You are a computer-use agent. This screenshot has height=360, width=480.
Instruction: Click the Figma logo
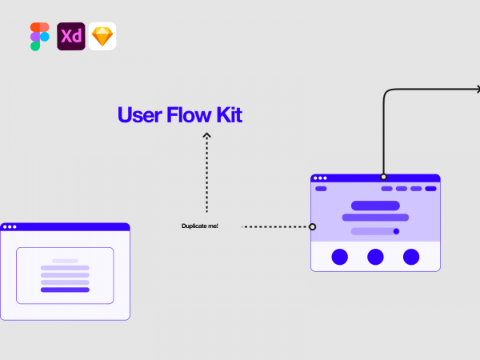point(40,37)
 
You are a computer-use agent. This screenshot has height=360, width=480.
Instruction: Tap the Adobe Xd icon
point(71,37)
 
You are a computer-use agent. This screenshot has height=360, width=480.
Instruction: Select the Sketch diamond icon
point(102,37)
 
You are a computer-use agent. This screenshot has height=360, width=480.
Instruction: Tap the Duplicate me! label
point(200,226)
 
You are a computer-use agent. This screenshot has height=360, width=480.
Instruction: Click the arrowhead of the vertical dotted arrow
point(206,136)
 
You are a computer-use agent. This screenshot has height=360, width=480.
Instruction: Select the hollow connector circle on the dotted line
point(312,226)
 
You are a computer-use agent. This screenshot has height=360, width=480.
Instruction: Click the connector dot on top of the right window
point(383,177)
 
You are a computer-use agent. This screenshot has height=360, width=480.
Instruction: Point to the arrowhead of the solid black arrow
point(477,90)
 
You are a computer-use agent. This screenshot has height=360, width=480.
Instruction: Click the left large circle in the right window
point(340,257)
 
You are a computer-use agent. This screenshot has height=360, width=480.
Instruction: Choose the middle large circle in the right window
point(375,257)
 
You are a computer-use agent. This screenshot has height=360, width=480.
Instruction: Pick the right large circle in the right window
point(410,257)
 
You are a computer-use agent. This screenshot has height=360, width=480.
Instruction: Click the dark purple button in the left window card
point(65,290)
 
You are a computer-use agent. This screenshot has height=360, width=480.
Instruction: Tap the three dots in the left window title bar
point(10,227)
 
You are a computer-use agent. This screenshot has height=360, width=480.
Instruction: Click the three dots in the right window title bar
point(320,178)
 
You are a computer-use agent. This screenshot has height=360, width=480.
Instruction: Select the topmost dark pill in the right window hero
point(375,206)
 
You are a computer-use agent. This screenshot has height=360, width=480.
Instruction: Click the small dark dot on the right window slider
point(396,231)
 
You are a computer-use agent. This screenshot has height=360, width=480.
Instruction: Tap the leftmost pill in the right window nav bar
point(321,189)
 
